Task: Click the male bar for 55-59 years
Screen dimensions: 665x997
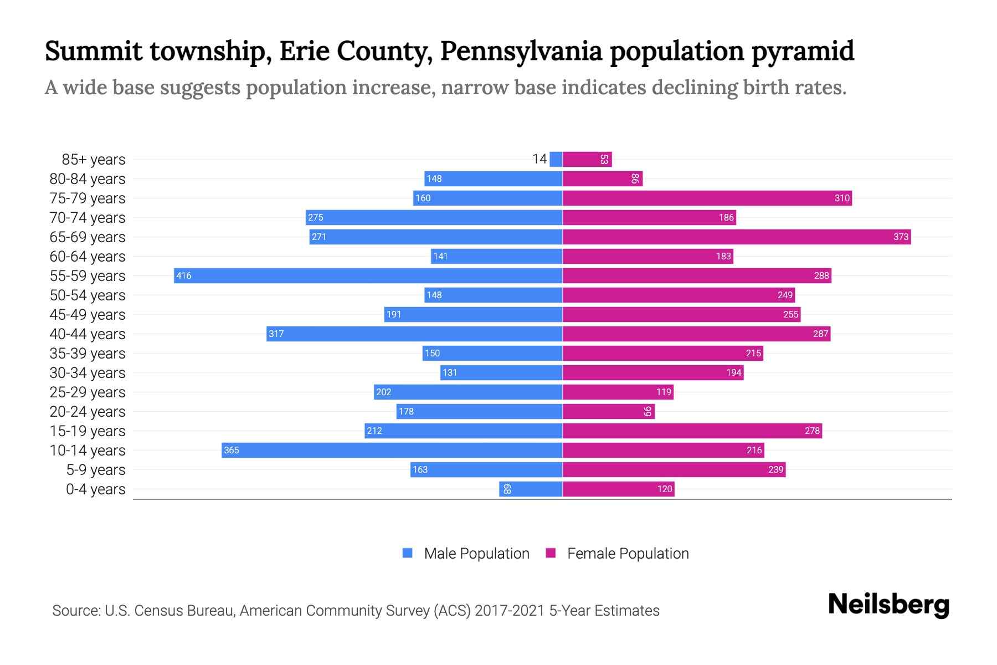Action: pos(368,275)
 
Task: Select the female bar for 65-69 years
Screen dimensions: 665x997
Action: pos(737,237)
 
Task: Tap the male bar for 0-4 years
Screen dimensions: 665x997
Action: pos(531,489)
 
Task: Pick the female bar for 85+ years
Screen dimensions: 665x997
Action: pos(587,159)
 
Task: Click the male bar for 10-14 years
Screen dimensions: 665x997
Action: pos(392,450)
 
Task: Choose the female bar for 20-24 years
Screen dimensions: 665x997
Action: pos(608,411)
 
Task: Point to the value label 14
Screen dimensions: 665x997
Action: pos(539,159)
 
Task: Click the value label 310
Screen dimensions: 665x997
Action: pos(842,198)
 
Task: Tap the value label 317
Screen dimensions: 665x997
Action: pos(276,334)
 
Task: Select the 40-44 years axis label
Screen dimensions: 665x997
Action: pos(88,334)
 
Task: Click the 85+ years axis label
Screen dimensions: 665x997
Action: pos(94,160)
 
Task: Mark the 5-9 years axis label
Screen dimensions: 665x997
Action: pos(96,470)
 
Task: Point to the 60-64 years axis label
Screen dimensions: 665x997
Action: pos(88,257)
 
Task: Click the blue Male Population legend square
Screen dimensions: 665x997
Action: pos(408,553)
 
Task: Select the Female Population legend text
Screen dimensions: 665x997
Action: pos(628,553)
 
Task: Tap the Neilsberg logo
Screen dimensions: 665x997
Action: pos(888,605)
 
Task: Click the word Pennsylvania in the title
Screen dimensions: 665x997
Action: pos(521,51)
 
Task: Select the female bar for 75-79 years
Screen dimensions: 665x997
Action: pos(707,198)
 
